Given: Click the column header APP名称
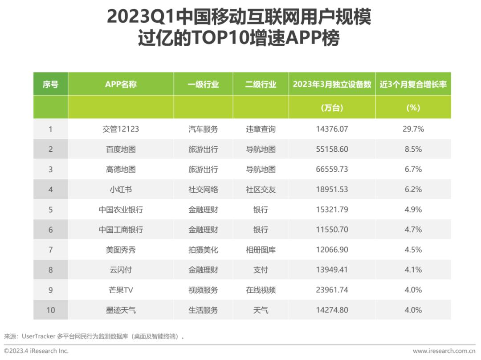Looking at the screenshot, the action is (121, 84).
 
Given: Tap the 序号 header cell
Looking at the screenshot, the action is (51, 84).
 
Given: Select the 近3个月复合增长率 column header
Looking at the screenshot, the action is (413, 84).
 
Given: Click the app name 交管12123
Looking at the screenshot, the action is (121, 129).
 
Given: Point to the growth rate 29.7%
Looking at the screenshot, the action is (413, 129).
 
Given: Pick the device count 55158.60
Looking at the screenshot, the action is (332, 149).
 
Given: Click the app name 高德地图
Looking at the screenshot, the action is (121, 170).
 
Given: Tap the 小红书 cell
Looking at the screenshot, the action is (121, 190).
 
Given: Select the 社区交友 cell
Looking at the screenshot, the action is (261, 190).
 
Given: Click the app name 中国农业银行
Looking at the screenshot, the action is (121, 210).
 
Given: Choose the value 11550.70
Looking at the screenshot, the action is (332, 230).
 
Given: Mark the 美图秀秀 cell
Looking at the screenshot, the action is (121, 250).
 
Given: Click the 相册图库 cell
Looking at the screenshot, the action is (261, 250).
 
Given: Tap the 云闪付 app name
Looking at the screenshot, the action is (121, 270).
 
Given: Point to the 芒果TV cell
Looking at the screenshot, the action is (121, 290).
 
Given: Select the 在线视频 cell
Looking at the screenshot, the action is (261, 290).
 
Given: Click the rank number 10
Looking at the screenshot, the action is (51, 310).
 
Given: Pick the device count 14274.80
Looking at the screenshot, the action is (332, 310).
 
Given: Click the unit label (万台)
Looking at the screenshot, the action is (332, 108).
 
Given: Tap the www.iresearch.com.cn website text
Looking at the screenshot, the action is (444, 351).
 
